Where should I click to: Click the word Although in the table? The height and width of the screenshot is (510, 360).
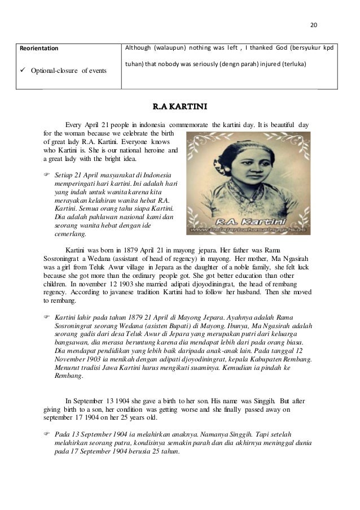(139, 48)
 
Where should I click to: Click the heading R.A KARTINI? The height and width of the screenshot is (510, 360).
(179, 105)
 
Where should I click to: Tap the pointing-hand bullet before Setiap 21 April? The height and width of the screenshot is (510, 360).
(47, 176)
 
